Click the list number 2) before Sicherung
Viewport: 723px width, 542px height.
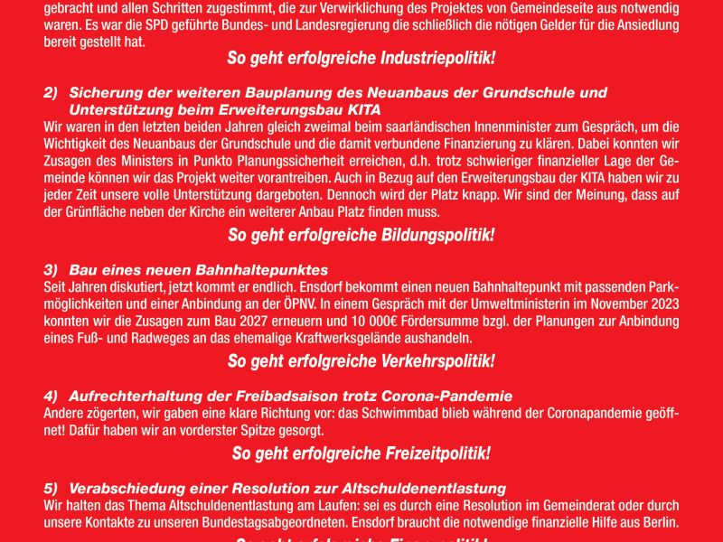pyautogui.click(x=51, y=93)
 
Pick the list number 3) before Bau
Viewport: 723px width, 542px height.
pyautogui.click(x=51, y=271)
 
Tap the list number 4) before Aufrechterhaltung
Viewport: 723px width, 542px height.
pyautogui.click(x=51, y=397)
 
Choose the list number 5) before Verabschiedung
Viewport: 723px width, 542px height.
pyautogui.click(x=51, y=488)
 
